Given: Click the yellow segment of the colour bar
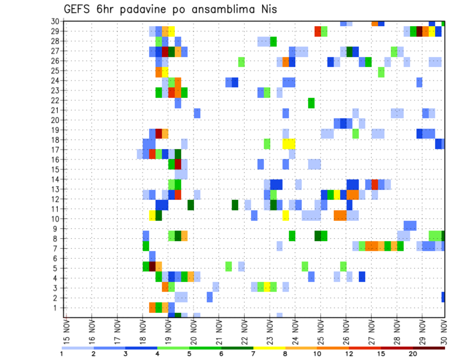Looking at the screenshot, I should [x=269, y=348].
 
